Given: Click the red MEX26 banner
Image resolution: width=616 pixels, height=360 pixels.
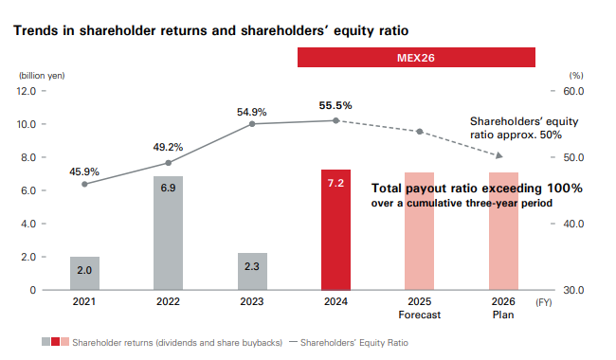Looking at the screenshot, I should (415, 58).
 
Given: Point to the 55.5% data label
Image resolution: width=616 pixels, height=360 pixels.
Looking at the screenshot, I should (335, 106).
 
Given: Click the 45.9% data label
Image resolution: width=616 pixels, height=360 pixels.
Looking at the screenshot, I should (84, 171).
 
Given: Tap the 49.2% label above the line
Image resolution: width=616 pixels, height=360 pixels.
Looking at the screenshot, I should (168, 148).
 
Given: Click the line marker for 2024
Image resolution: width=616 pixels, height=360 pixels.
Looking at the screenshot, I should (335, 120).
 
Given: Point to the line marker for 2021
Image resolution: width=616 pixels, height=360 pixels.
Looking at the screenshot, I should (84, 184).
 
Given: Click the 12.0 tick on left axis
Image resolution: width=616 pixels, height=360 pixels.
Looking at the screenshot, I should (26, 91).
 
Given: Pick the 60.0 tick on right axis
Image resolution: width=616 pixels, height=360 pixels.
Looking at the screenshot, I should (574, 91).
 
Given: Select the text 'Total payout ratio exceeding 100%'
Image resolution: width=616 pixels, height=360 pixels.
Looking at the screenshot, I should (477, 189).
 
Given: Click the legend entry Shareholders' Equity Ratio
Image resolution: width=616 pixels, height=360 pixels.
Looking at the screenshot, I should (355, 341).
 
